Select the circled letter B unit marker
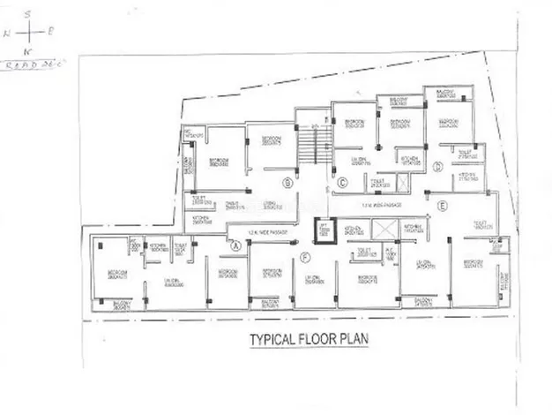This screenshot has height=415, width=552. tap(287, 183)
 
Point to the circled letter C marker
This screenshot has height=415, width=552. tap(341, 183)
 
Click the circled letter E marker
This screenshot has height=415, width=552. tap(443, 207)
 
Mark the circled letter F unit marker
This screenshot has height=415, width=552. tap(305, 257)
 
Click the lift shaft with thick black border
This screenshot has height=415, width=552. tap(324, 229)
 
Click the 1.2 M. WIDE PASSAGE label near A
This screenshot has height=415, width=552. tap(265, 232)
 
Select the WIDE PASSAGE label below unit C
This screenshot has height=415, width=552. tap(381, 205)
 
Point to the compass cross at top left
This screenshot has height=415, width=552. tap(30, 32)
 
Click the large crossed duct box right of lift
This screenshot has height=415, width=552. tap(386, 229)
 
